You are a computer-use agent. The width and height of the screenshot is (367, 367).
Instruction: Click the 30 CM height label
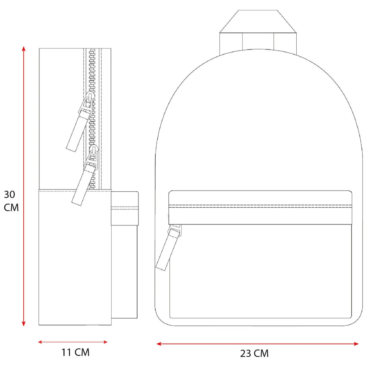[11, 201]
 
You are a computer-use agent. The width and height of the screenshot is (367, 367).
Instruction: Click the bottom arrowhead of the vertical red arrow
[24, 323]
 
